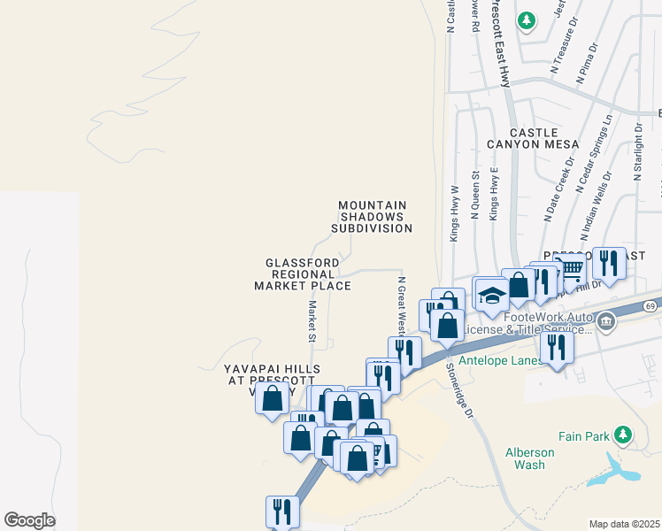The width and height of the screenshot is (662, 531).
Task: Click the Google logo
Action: pyautogui.click(x=30, y=520)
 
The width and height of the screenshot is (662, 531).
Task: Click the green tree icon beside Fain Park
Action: pyautogui.click(x=623, y=434)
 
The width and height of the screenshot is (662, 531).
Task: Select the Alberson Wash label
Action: pyautogui.click(x=529, y=458)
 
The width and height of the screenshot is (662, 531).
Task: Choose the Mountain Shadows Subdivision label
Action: pyautogui.click(x=372, y=217)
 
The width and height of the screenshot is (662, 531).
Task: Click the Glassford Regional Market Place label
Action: pyautogui.click(x=302, y=274)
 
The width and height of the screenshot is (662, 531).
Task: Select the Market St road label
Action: pyautogui.click(x=312, y=321)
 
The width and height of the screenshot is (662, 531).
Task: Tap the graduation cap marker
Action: pyautogui.click(x=492, y=296)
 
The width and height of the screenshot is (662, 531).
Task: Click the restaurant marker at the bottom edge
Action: pyautogui.click(x=282, y=512)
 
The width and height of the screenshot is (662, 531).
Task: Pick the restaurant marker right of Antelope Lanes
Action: pyautogui.click(x=556, y=345)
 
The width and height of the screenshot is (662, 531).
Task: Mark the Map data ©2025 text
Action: pyautogui.click(x=624, y=524)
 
